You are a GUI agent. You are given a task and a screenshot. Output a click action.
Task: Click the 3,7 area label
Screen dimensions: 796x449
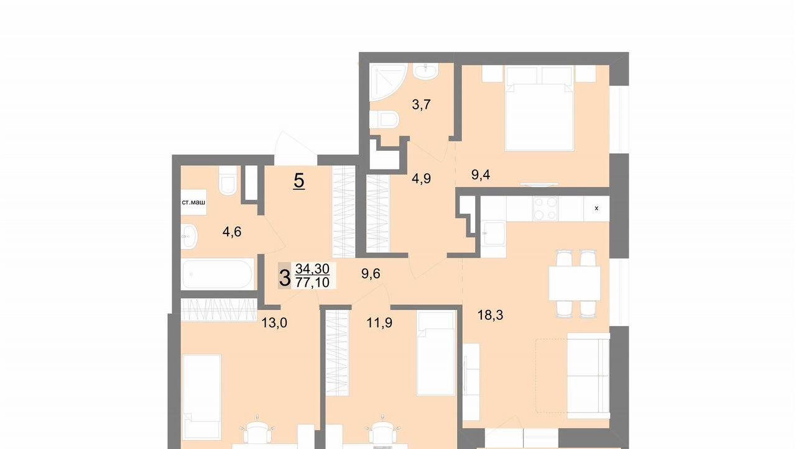pos(421,105)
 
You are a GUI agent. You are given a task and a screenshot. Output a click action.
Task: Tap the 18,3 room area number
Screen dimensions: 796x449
pos(490,315)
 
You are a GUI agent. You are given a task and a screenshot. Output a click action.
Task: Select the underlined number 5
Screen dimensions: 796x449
pos(299,181)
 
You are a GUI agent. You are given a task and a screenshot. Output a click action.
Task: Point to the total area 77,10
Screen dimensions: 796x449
pos(312,282)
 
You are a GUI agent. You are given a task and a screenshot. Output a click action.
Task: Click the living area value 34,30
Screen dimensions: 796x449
pos(312,269)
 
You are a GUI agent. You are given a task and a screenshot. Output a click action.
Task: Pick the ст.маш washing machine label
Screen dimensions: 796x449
pos(193,202)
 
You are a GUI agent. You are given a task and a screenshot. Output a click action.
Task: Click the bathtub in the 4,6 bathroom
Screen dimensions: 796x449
pos(218,274)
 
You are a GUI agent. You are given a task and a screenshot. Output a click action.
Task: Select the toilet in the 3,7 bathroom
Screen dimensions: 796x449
pos(384,119)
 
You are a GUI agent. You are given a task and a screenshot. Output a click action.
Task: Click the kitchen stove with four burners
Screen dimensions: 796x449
pos(545,209)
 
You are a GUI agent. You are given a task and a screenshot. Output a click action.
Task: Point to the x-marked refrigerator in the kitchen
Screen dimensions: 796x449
pos(596,209)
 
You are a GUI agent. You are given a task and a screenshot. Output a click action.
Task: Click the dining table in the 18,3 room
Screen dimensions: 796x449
pos(575,284)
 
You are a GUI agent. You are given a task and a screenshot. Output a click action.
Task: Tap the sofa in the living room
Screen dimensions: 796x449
pos(588,376)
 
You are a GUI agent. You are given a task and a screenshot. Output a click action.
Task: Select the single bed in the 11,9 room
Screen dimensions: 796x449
pos(436,354)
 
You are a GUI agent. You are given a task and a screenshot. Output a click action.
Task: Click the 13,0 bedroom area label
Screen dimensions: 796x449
pos(274,323)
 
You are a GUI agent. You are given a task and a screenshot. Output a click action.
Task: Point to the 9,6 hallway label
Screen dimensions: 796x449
pos(371,274)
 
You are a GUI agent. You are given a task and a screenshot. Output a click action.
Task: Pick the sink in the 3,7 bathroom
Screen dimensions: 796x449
pos(425,71)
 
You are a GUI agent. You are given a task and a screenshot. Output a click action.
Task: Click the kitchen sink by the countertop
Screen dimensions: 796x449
pos(494,233)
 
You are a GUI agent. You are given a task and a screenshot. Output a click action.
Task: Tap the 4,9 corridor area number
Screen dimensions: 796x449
pos(421,178)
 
